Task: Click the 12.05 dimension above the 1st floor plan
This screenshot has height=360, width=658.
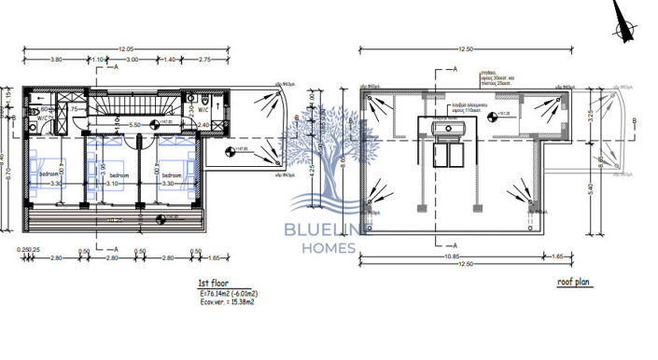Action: coord(125,48)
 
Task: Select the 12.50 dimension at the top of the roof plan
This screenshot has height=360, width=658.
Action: coord(452,48)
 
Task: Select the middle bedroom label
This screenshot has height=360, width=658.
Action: coord(119,174)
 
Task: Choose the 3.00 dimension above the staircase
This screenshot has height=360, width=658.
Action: coord(133,59)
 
